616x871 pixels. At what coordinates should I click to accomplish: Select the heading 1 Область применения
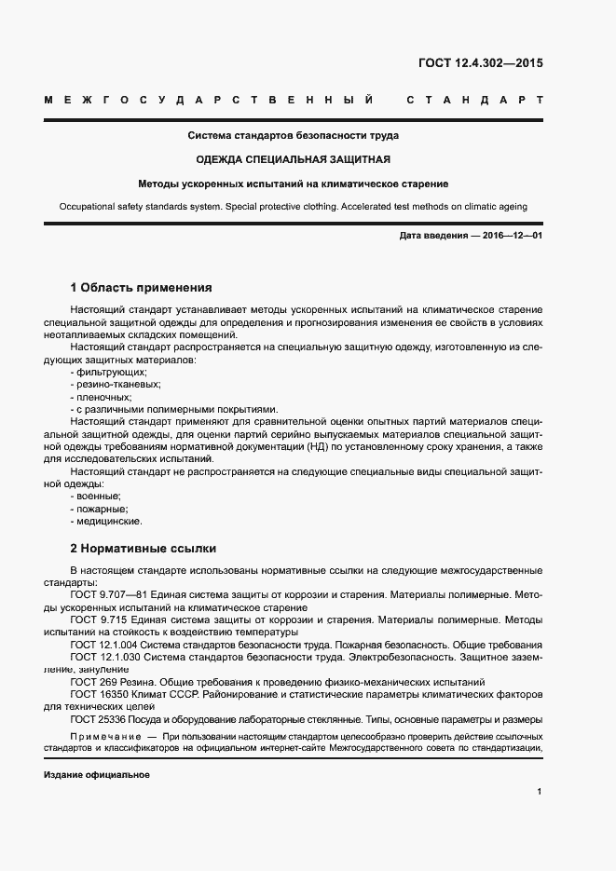[142, 288]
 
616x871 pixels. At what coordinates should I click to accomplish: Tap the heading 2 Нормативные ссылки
[144, 548]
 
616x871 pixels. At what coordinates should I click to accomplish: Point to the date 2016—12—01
[513, 236]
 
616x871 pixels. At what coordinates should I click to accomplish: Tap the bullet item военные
[97, 497]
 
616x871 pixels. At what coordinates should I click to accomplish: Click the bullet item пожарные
[100, 509]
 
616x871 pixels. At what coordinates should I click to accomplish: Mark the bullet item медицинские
[106, 522]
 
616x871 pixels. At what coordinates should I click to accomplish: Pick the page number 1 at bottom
[540, 792]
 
